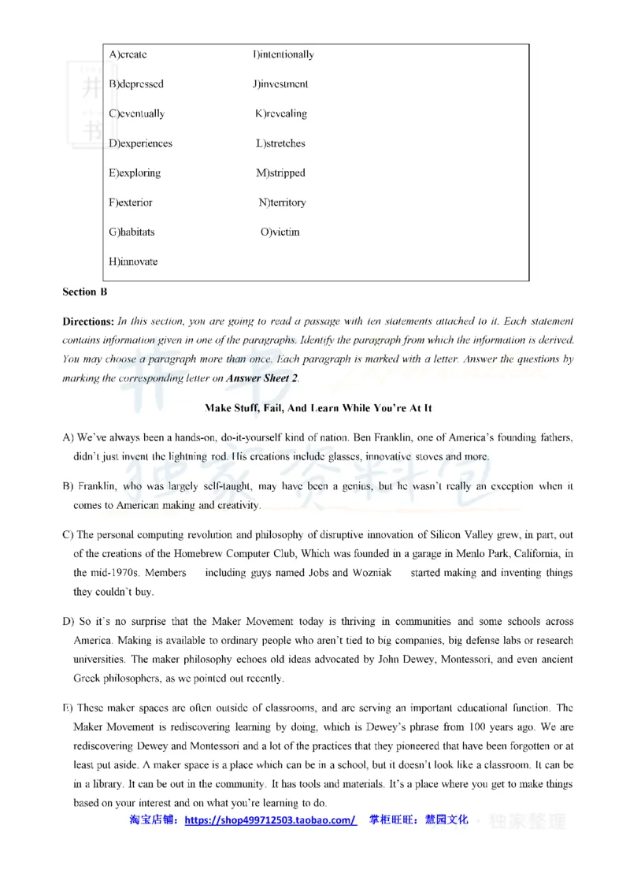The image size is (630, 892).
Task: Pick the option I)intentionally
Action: coord(283,54)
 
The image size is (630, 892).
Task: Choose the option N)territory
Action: coord(282,203)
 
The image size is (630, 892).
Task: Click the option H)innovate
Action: coord(133,261)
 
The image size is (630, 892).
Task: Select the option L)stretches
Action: coord(280,143)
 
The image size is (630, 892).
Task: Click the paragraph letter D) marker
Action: coord(69,621)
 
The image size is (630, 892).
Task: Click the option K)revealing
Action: coord(280,113)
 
